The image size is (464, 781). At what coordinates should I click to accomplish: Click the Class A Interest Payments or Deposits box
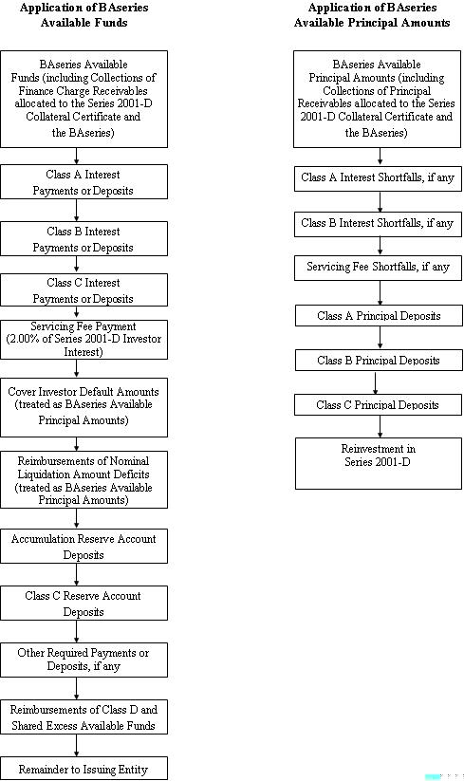(84, 182)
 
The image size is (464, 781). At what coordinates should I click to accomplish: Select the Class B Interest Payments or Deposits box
(84, 239)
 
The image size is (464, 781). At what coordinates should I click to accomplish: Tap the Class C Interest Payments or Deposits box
(84, 289)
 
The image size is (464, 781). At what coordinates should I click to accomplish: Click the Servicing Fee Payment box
(84, 339)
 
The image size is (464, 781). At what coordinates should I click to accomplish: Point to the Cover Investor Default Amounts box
(84, 407)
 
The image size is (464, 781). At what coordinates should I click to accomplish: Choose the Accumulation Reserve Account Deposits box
(84, 547)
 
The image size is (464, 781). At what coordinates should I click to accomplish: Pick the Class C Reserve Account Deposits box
(84, 604)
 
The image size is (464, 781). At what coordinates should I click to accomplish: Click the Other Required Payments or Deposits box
(84, 660)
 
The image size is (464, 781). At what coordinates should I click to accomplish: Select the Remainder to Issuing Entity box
(84, 769)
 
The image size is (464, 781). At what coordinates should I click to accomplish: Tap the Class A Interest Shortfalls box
(378, 177)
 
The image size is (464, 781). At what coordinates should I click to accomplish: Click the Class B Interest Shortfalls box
(378, 224)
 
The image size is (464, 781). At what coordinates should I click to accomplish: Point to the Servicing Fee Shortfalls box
(378, 268)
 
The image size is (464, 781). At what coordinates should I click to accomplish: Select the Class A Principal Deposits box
(379, 316)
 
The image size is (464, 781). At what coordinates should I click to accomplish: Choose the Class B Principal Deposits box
(379, 360)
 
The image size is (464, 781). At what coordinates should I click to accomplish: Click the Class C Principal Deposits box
(378, 405)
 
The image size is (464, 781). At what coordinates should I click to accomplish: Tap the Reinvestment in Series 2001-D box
(379, 463)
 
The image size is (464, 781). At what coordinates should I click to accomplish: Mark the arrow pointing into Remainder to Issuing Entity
(77, 746)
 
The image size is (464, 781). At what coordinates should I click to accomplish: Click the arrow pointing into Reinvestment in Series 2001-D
(380, 426)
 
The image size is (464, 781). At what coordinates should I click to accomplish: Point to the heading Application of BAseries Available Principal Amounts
(372, 15)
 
